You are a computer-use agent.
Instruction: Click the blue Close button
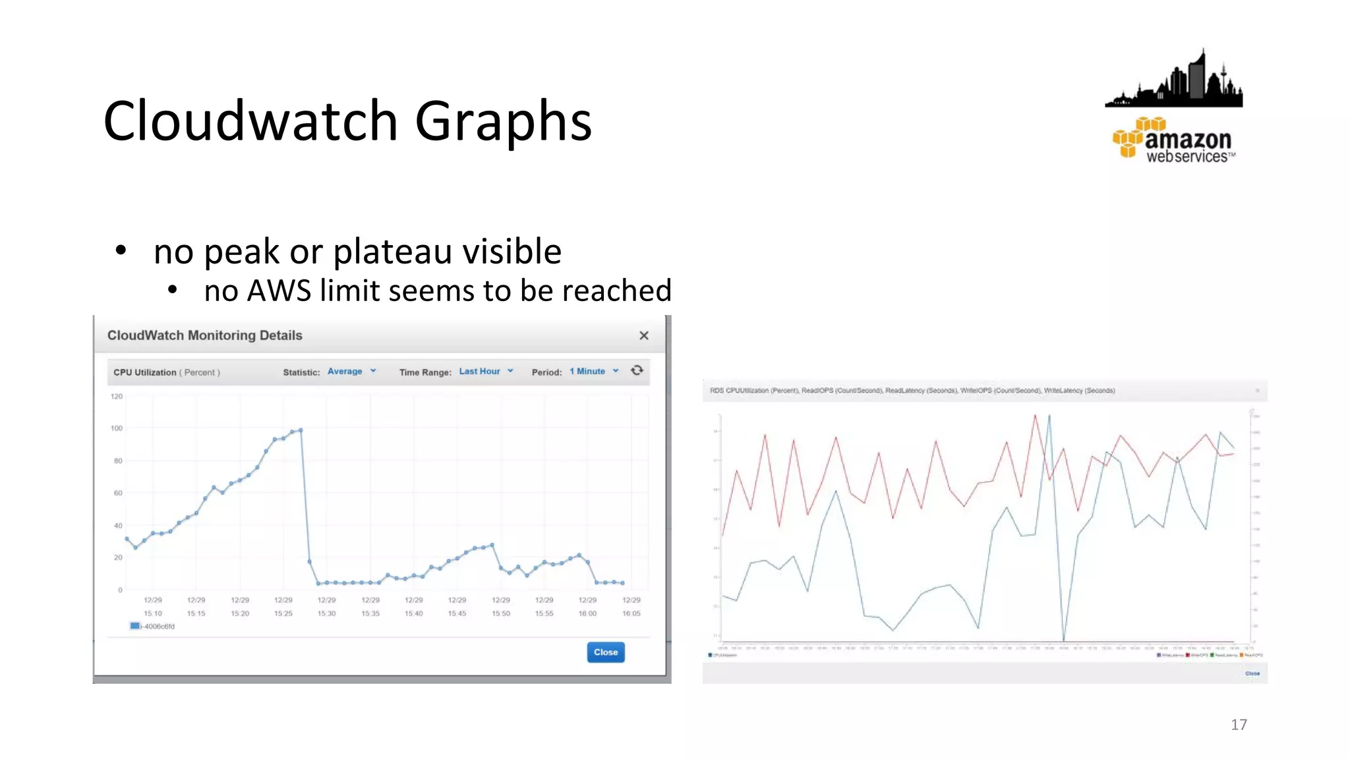605,652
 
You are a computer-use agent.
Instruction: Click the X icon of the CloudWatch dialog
644,336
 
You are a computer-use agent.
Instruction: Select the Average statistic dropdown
351,372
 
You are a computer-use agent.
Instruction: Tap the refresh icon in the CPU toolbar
637,370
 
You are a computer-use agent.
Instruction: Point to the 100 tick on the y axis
117,428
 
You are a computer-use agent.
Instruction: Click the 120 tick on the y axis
117,397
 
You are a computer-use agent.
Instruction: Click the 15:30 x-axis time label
326,613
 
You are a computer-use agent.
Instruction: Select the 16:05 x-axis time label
631,613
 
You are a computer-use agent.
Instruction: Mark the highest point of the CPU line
301,430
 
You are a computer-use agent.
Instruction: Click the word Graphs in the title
503,121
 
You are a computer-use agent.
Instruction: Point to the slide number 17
1239,725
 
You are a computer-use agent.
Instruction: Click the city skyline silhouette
1174,82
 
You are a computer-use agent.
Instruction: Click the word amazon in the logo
1188,139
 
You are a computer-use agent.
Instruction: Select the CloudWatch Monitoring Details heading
204,335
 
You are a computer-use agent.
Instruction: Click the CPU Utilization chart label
145,372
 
